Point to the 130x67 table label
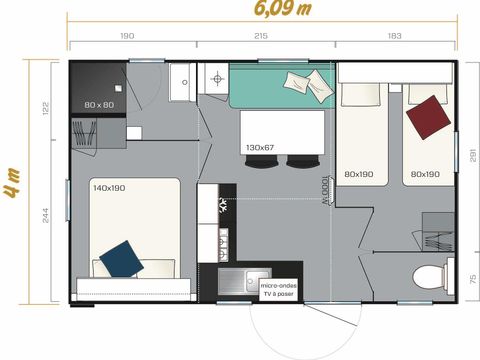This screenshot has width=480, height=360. pos(260,147)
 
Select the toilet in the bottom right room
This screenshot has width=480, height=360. pos(427,277)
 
